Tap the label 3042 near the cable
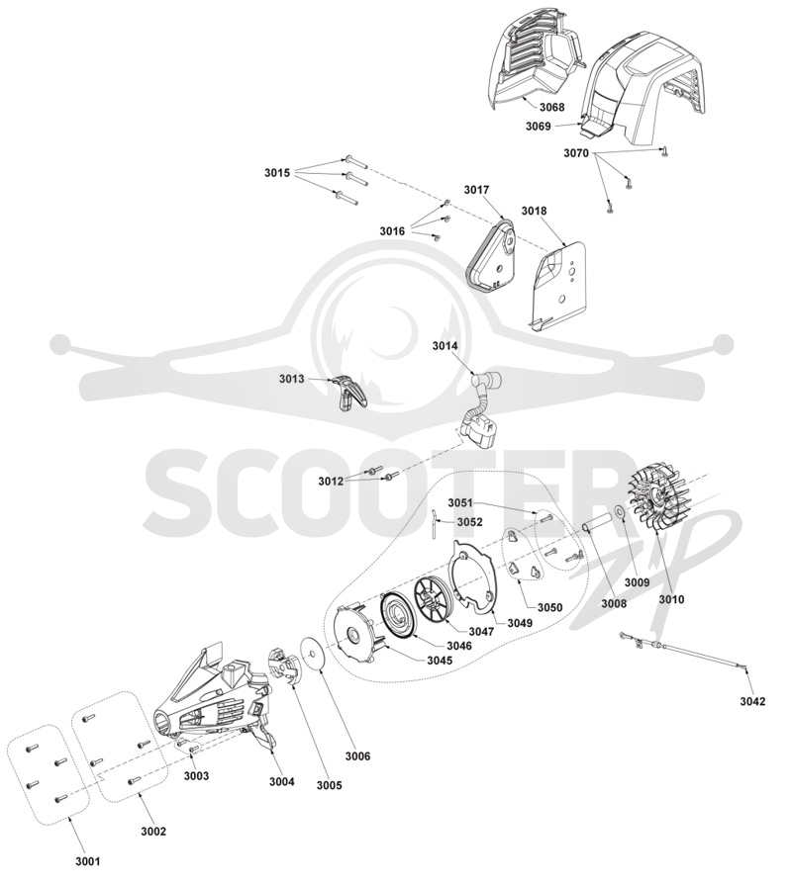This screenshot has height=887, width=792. click(x=752, y=701)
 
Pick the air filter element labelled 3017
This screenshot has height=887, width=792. click(x=491, y=252)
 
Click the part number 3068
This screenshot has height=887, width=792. click(x=551, y=107)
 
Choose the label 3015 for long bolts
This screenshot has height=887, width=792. click(x=277, y=172)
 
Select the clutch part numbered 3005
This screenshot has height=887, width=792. click(x=284, y=667)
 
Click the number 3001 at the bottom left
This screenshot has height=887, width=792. click(x=87, y=861)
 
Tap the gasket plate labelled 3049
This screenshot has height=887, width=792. click(x=473, y=578)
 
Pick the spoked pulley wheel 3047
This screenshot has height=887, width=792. click(x=436, y=600)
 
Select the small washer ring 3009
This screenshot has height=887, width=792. click(x=621, y=512)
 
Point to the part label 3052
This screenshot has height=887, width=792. click(x=469, y=522)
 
